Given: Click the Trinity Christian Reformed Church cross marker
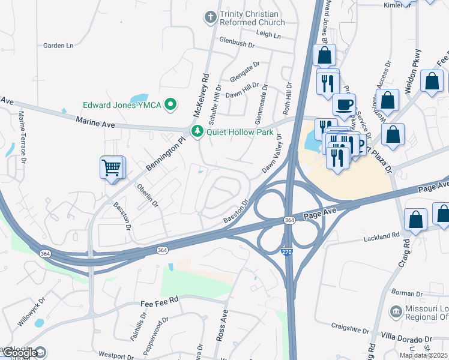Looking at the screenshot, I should tap(211, 17).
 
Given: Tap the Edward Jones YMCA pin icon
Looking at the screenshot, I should tap(171, 105).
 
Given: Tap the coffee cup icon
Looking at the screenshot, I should tap(345, 104).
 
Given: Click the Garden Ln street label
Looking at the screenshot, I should tap(58, 45).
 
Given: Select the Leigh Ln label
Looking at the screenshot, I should tap(268, 35).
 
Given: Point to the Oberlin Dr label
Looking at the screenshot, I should tap(147, 196).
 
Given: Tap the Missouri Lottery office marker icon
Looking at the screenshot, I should tap(396, 311).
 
